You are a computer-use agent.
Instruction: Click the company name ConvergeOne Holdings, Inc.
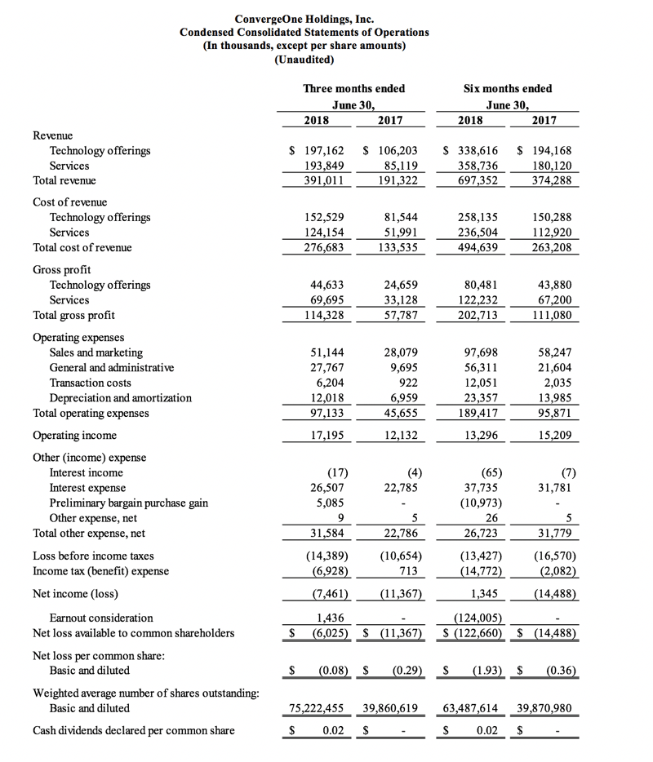(x=304, y=19)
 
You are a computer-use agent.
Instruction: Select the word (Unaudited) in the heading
(x=304, y=60)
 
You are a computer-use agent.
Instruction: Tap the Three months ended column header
(x=353, y=88)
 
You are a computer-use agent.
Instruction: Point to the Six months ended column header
(x=507, y=88)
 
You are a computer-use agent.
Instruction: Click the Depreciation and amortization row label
(x=121, y=398)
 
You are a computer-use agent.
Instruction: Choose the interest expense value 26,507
(x=326, y=488)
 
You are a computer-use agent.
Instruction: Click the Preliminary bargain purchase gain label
(x=129, y=503)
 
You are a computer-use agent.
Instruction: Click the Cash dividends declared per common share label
(x=133, y=730)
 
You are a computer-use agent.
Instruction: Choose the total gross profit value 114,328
(x=326, y=315)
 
